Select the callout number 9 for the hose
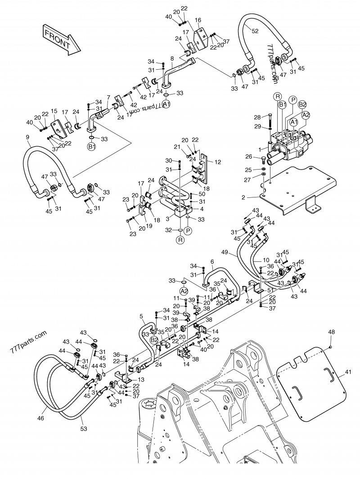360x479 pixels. click(27, 137)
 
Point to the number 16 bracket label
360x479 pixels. click(198, 20)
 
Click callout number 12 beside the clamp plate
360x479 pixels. click(218, 162)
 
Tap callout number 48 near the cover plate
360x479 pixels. click(331, 332)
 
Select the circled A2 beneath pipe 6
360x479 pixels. click(184, 291)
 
